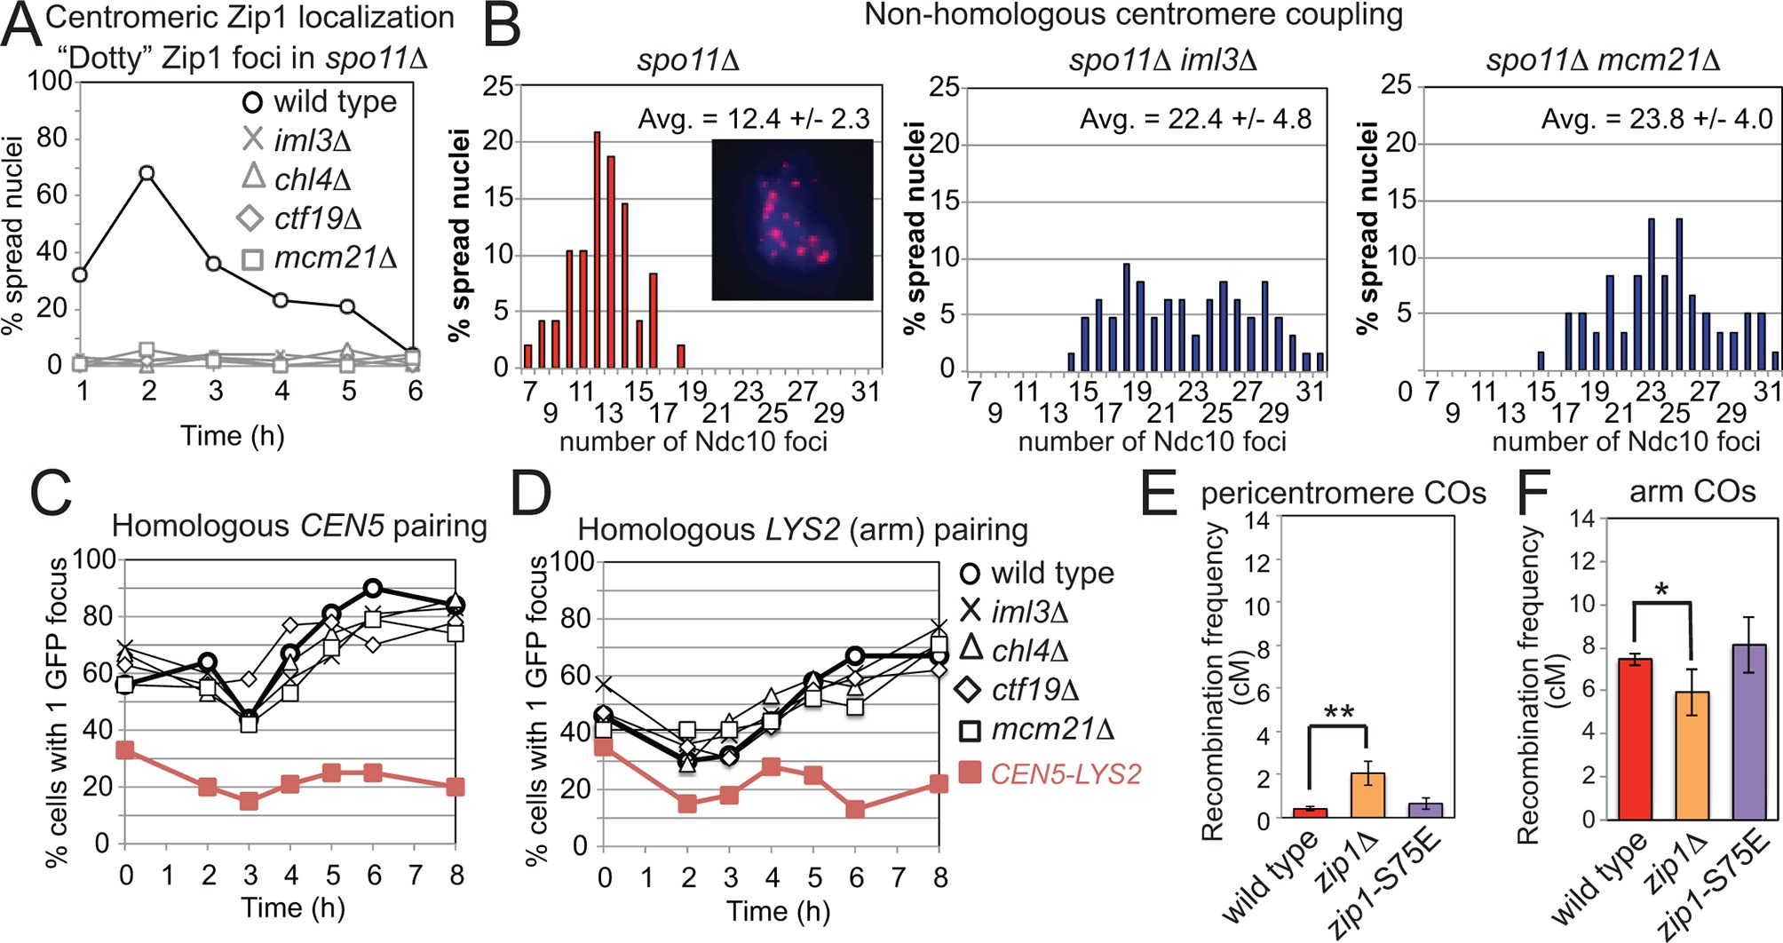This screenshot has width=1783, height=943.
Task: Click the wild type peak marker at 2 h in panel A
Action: (147, 173)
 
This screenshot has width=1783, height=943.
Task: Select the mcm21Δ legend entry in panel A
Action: (320, 258)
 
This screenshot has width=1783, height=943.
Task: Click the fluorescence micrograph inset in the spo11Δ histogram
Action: (792, 219)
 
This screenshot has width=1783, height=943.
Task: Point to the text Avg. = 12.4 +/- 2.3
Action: (754, 119)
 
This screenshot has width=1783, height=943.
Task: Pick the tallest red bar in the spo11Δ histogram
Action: (597, 249)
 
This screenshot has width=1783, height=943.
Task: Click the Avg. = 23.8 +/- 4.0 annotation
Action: (1657, 119)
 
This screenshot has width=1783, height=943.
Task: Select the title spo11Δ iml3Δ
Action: (1163, 60)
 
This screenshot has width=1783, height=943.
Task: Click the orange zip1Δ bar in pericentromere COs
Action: (1367, 795)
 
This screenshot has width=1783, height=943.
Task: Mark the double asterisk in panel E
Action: (1338, 713)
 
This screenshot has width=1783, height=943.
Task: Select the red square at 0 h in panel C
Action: (125, 750)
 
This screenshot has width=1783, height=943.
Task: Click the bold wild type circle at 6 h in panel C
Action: (373, 588)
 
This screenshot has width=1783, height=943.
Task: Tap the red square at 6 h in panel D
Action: (856, 809)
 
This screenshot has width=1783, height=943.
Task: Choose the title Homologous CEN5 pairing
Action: (299, 527)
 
